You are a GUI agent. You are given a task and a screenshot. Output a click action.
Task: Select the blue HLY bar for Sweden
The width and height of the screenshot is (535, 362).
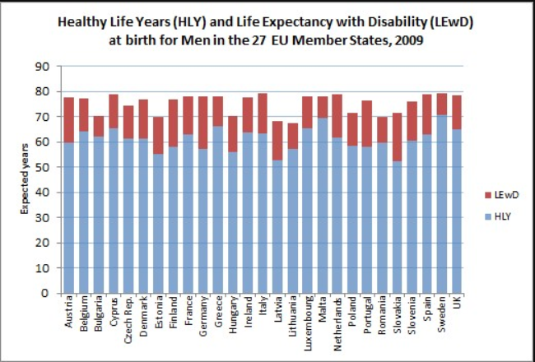441,204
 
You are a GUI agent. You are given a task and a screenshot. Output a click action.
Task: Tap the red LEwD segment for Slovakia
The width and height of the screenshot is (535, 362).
397,137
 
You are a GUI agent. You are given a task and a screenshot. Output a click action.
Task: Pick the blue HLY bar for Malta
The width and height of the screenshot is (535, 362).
323,206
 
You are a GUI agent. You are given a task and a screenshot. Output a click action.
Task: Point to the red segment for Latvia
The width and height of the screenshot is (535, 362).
277,141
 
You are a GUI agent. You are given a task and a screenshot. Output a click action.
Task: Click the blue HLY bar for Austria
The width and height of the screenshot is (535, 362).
68,218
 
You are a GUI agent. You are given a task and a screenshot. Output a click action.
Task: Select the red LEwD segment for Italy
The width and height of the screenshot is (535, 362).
263,114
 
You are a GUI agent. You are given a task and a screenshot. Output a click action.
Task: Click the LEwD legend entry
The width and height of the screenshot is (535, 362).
502,195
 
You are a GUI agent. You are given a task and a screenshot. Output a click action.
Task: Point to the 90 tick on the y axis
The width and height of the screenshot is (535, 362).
42,66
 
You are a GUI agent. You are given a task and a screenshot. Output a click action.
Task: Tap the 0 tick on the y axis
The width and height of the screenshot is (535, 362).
46,294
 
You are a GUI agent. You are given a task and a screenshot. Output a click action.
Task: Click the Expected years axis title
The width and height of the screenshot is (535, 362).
25,179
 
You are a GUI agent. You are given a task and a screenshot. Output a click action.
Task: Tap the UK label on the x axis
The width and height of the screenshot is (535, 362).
457,303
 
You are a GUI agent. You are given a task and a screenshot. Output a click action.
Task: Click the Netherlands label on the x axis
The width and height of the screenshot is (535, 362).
337,324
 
